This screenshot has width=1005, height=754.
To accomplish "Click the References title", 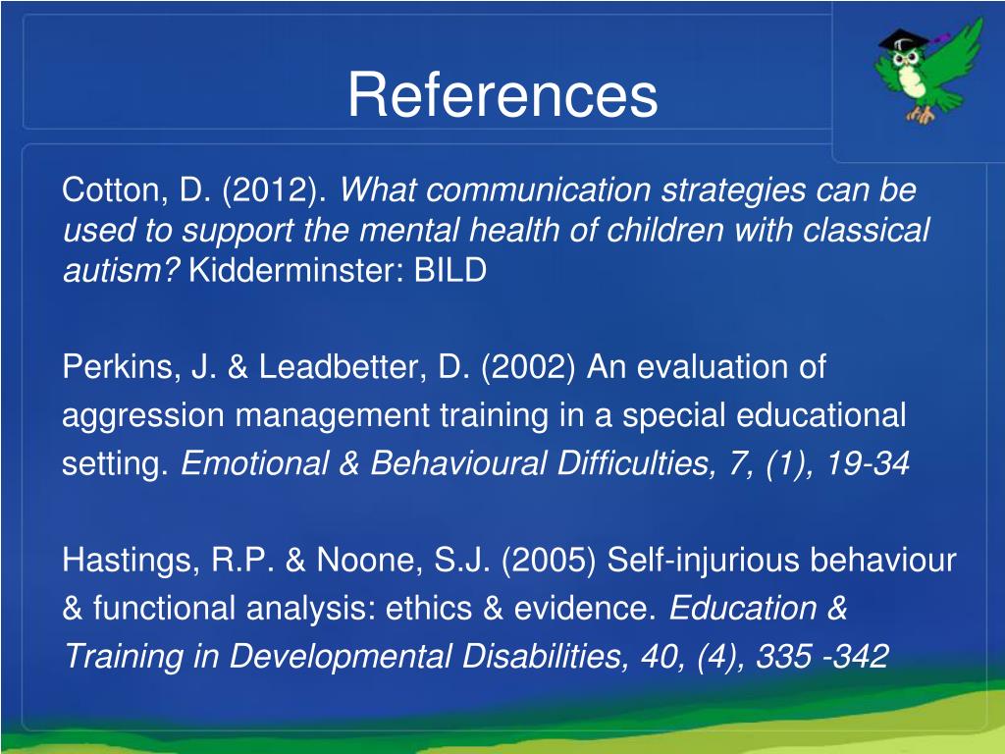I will pyautogui.click(x=502, y=95).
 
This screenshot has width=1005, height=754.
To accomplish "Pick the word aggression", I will pyautogui.click(x=142, y=416).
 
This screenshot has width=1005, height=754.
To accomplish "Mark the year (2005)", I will pyautogui.click(x=551, y=561).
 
